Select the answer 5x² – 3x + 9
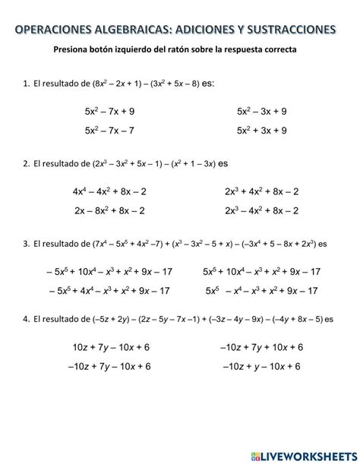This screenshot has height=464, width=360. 261,112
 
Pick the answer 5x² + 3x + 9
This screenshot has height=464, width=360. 261,131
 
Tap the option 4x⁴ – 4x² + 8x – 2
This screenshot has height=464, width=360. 109,191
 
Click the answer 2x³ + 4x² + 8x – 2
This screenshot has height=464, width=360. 261,191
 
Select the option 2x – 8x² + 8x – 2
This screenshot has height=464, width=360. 109,210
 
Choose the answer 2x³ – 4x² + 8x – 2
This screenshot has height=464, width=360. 261,210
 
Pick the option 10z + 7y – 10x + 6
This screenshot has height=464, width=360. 111,347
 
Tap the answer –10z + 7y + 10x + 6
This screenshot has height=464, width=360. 261,347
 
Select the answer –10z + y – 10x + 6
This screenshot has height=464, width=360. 261,366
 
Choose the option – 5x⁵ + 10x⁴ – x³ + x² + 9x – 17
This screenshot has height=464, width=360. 109,271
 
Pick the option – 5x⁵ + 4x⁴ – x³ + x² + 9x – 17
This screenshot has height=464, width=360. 109,290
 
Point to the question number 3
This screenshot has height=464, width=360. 26,244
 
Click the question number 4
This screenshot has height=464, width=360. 26,319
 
